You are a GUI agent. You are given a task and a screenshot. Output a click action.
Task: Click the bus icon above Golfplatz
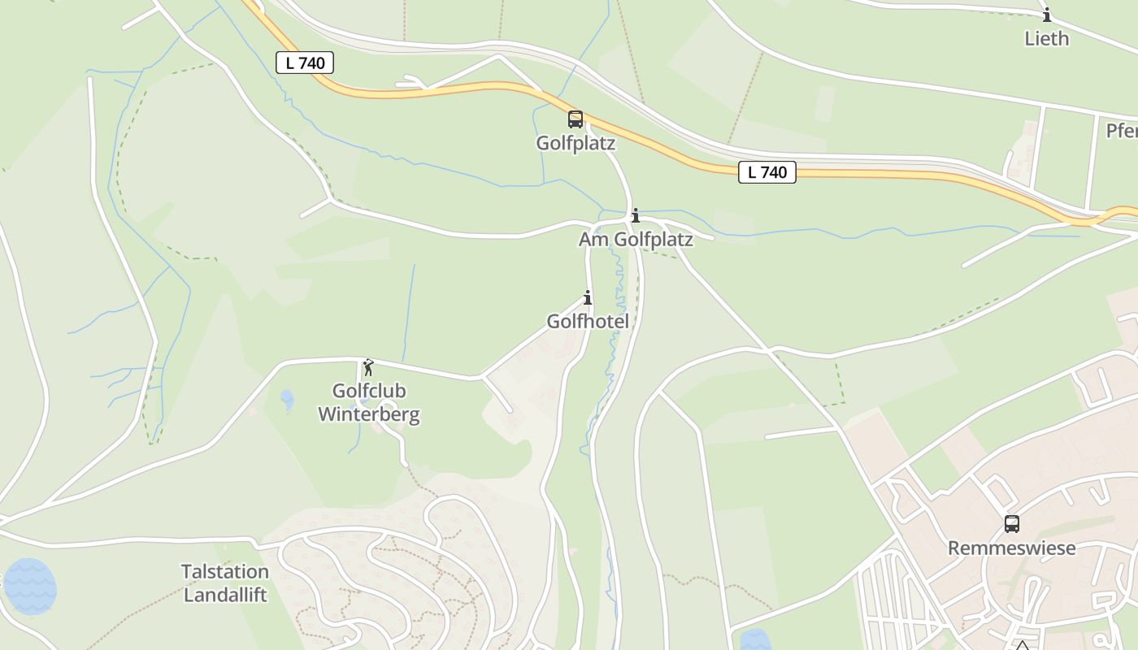click(x=576, y=119)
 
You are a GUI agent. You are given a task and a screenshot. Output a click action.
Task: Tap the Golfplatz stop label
click(x=576, y=144)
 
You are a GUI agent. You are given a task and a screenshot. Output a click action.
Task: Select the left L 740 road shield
click(x=305, y=63)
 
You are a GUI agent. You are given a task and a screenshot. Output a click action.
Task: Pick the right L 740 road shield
click(x=767, y=172)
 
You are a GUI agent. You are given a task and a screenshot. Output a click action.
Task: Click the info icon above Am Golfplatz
click(x=635, y=215)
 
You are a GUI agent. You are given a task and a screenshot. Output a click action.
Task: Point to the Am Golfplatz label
click(x=636, y=240)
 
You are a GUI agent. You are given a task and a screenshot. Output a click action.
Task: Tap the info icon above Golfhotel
click(x=588, y=297)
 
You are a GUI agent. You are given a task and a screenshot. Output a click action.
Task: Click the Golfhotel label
click(x=588, y=322)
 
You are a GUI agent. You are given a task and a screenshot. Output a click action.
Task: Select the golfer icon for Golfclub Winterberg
click(x=368, y=367)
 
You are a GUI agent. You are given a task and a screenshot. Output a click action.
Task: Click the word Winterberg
click(x=368, y=414)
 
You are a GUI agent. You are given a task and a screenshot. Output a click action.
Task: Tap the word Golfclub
click(x=369, y=391)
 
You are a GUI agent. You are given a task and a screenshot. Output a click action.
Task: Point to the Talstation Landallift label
click(x=225, y=583)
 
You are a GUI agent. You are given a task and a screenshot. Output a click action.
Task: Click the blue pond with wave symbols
click(x=30, y=586)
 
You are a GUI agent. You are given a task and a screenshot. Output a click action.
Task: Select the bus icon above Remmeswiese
click(x=1011, y=524)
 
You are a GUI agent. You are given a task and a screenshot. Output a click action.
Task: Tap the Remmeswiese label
click(x=1011, y=548)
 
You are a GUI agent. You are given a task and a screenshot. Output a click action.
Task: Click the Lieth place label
click(x=1046, y=39)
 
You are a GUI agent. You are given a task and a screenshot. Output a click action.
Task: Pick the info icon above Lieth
click(x=1047, y=15)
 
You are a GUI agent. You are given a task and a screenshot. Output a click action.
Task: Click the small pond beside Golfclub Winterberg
click(x=286, y=399)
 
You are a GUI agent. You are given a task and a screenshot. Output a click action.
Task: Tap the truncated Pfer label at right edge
click(x=1122, y=131)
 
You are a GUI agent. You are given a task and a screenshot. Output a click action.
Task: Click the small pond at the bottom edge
click(x=754, y=640)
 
